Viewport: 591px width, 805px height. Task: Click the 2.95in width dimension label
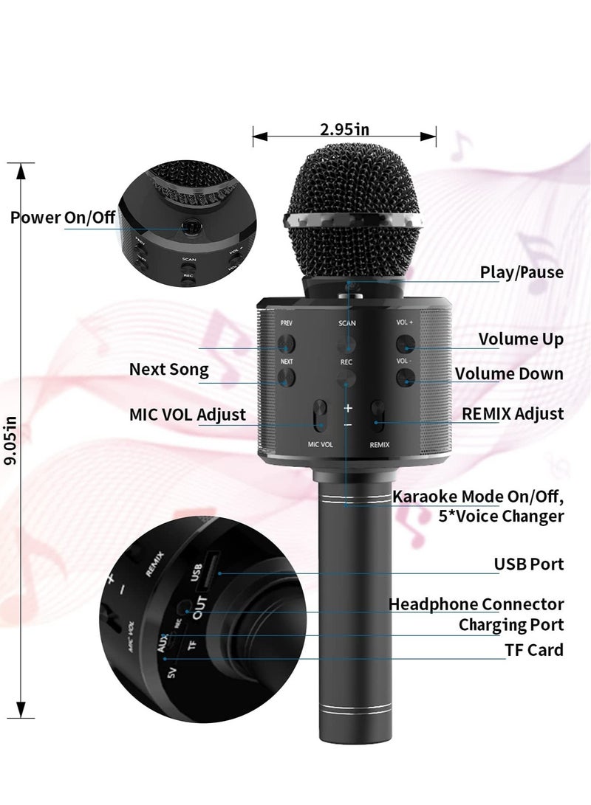[x=344, y=130]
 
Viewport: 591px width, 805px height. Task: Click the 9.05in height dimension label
[x=11, y=440]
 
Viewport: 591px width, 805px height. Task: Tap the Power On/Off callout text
[x=63, y=218]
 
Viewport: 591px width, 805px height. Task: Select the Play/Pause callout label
[x=522, y=272]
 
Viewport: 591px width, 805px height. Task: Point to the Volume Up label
[x=521, y=339]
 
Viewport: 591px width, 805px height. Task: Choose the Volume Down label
[x=509, y=373]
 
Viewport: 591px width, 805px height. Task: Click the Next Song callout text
[x=169, y=369]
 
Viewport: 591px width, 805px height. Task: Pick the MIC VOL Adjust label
[x=188, y=414]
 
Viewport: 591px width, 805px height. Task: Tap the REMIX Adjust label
[x=513, y=413]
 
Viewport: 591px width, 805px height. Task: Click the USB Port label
[x=529, y=564]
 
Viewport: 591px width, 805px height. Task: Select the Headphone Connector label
[x=476, y=604]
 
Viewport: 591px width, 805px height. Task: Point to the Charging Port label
[x=511, y=625]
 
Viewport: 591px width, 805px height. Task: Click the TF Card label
[x=536, y=649]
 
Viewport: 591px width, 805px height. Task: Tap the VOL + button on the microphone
[x=403, y=342]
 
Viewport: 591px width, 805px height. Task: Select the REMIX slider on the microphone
[x=378, y=418]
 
